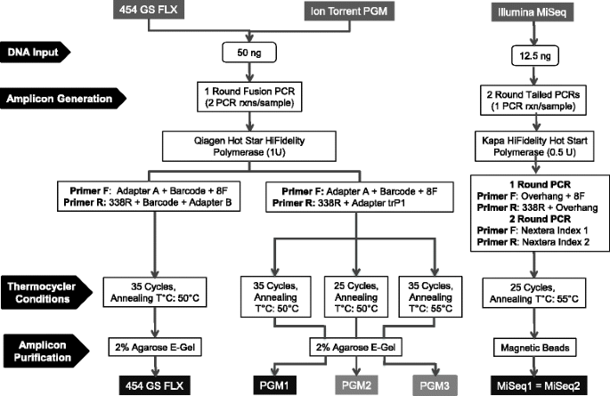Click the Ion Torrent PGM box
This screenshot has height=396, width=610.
[x=349, y=11]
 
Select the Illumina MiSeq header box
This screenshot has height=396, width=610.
[x=532, y=12]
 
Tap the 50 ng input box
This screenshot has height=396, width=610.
[x=249, y=53]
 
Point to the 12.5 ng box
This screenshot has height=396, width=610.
[x=535, y=56]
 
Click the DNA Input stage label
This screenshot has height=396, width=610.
[x=35, y=53]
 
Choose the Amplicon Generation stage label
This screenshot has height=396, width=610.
[x=63, y=98]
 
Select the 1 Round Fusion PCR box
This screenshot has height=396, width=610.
[x=249, y=97]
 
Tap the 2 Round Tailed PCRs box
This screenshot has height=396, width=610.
[x=533, y=101]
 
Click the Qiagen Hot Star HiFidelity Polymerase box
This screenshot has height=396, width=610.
[x=249, y=146]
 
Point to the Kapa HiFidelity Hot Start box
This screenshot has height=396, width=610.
[x=534, y=146]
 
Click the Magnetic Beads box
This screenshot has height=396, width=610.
[x=535, y=347]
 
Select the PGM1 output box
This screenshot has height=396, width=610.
[x=274, y=385]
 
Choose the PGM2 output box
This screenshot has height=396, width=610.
[x=356, y=385]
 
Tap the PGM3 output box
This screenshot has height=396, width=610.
[x=435, y=385]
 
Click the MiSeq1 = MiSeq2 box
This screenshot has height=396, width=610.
[x=539, y=385]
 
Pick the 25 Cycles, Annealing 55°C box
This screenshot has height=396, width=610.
[x=534, y=293]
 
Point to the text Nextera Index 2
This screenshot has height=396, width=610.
[x=556, y=242]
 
